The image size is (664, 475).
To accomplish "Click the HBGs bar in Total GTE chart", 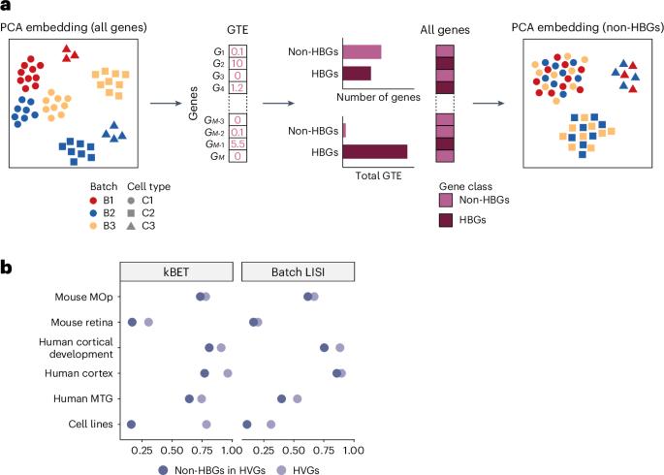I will pyautogui.click(x=375, y=151).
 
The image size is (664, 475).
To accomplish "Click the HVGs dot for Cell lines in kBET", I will pyautogui.click(x=206, y=424).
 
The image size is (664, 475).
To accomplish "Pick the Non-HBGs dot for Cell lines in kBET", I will pyautogui.click(x=131, y=424).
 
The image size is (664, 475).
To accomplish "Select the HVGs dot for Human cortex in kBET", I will pyautogui.click(x=228, y=372).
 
